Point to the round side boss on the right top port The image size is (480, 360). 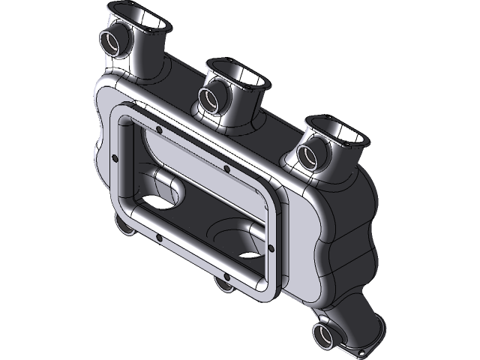pyautogui.click(x=308, y=154)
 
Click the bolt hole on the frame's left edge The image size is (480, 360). pyautogui.click(x=113, y=157)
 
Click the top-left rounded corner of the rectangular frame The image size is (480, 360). pyautogui.click(x=121, y=112)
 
